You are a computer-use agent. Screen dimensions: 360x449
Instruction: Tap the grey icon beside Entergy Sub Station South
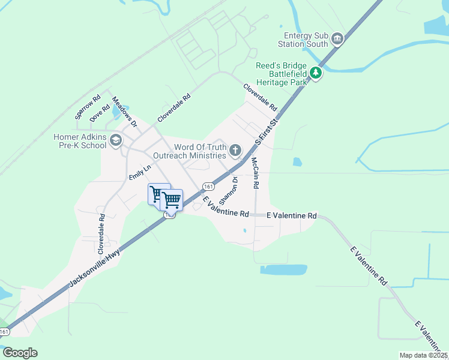[337, 40]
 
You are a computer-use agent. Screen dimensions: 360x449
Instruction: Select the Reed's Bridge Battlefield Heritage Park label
[281, 74]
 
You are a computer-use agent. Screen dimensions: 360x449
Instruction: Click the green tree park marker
[316, 74]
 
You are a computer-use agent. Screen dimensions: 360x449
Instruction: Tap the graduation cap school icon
[116, 141]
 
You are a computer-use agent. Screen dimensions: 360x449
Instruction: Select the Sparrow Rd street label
[87, 106]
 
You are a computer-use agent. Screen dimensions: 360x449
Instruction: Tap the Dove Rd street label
[100, 113]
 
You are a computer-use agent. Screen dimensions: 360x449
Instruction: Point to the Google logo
[20, 352]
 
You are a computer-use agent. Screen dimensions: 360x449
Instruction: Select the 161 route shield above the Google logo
[5, 332]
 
